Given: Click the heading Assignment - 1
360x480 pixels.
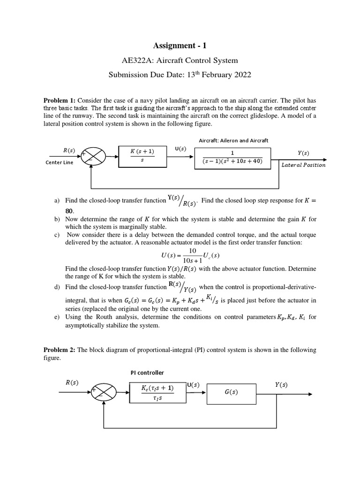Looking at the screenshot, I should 180,45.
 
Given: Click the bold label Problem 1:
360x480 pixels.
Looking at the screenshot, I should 60,100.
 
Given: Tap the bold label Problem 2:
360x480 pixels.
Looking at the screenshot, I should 60,350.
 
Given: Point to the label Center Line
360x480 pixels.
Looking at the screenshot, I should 60,163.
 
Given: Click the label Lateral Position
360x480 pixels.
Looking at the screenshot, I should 303,165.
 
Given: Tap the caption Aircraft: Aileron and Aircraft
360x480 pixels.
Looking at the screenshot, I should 233,140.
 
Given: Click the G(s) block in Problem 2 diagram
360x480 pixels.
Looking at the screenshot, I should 232,393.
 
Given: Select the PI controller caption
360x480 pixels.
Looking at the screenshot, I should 147,373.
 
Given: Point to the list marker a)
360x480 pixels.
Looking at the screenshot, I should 57,201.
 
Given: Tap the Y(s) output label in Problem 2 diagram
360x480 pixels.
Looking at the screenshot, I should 281,385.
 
